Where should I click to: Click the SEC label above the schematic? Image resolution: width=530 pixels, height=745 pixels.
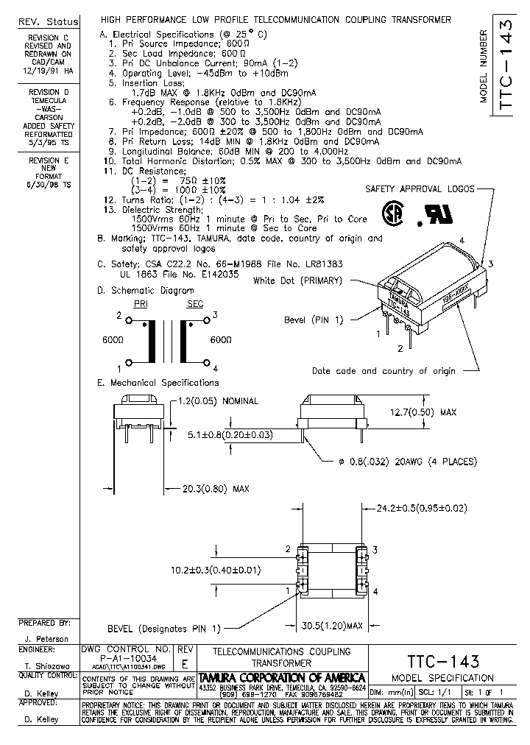(x=194, y=303)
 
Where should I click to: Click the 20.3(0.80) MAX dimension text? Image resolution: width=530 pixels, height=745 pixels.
(x=206, y=488)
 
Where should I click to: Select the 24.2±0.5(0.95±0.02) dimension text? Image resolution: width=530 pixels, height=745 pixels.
(x=422, y=508)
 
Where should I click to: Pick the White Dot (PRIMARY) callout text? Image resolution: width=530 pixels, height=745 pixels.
(x=297, y=280)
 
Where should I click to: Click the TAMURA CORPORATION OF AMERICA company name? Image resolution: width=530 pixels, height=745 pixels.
(x=282, y=677)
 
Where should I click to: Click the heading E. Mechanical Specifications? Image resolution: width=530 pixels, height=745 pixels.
(x=158, y=383)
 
